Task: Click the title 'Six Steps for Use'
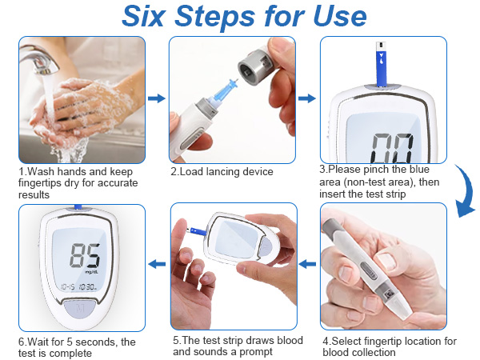point(244,18)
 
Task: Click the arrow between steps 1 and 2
point(157,98)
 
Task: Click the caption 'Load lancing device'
point(222,171)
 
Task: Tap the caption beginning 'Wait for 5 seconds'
point(76,347)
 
